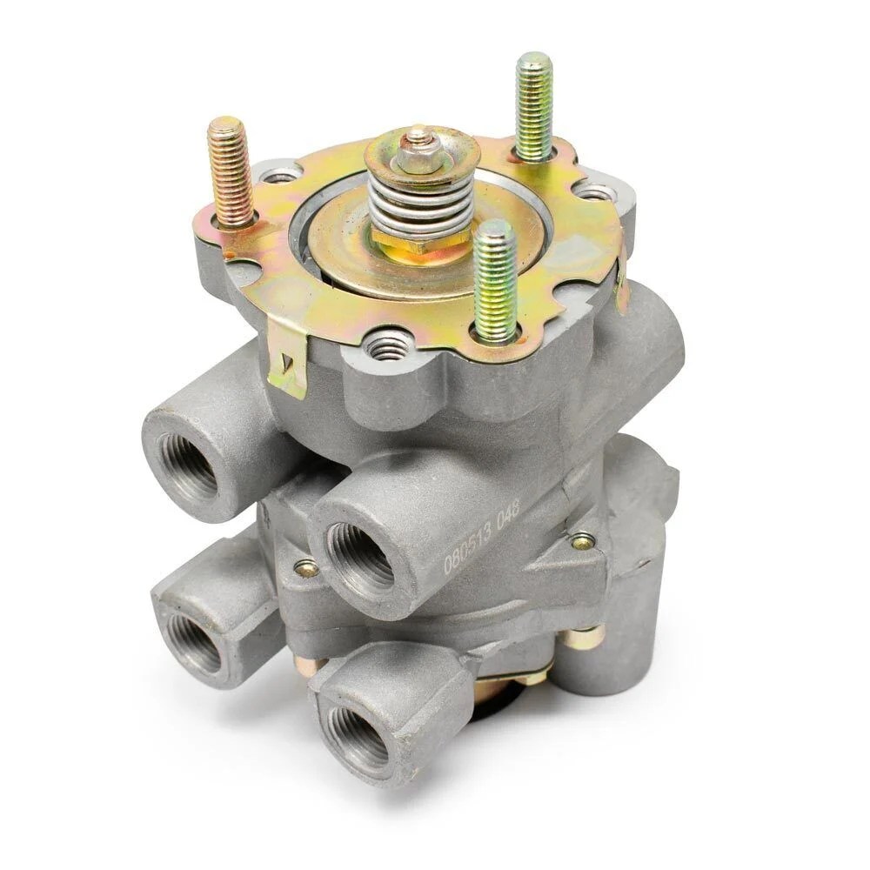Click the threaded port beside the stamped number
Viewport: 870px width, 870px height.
pos(360,557)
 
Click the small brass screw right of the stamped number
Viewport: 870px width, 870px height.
pos(581,542)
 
